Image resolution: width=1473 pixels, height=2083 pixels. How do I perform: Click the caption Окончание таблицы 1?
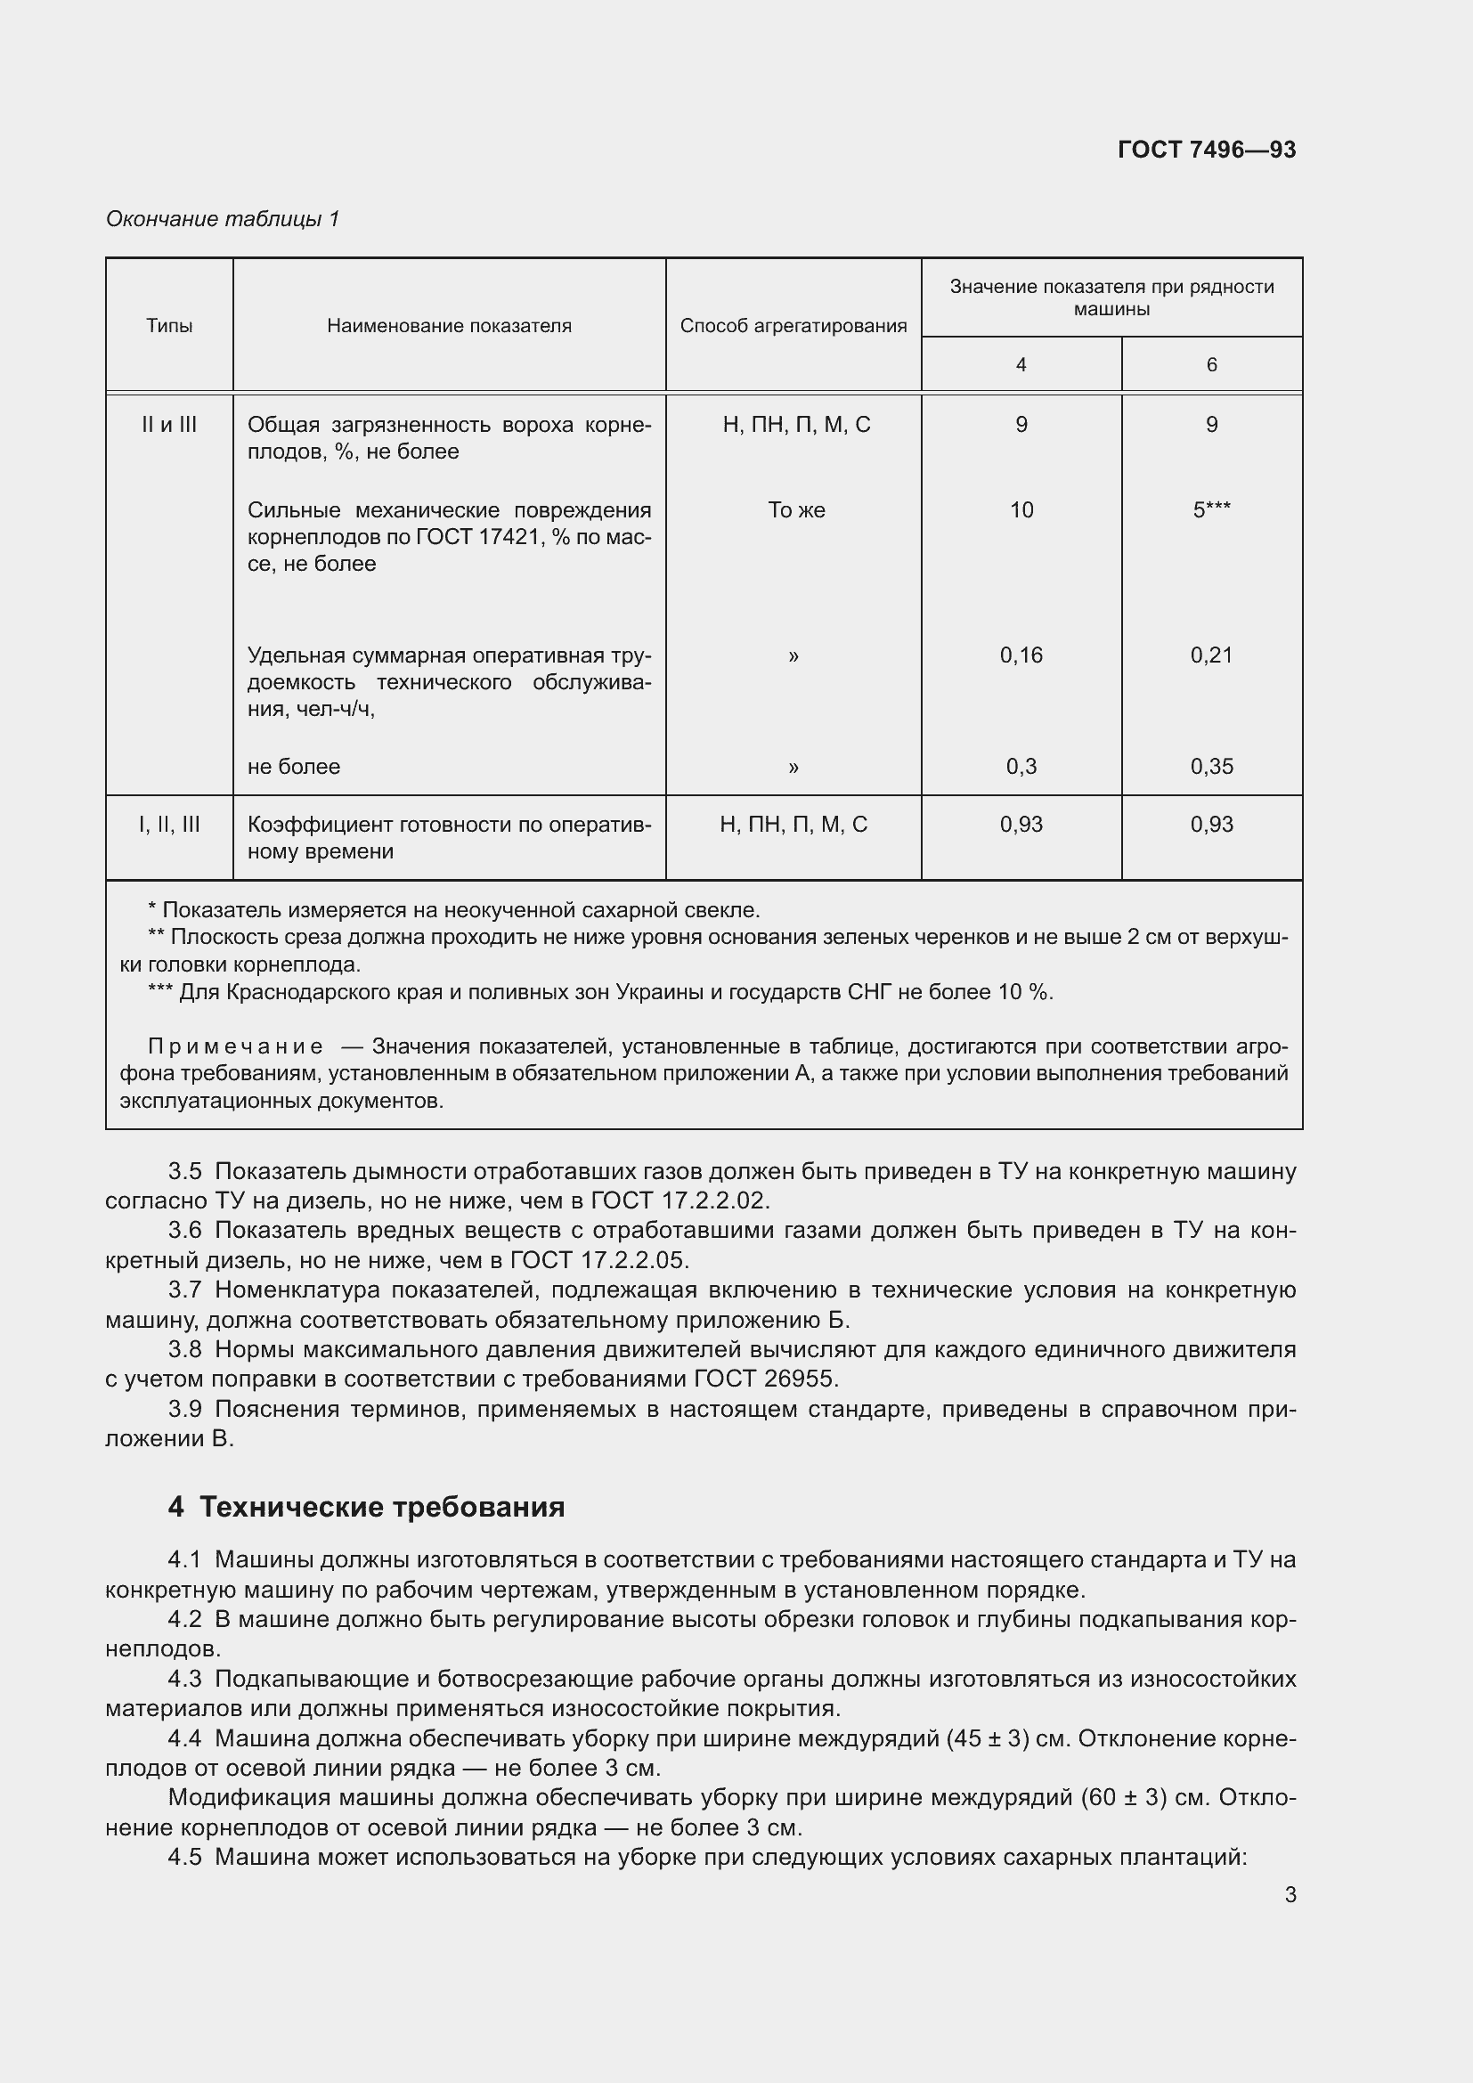(223, 219)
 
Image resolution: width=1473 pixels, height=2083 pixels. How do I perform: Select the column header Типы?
(169, 326)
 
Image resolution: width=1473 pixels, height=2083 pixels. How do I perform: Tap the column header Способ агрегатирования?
(793, 326)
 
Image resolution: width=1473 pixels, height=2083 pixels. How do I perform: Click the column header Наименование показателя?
(449, 326)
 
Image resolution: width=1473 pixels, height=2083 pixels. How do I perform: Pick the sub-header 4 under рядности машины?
(1021, 365)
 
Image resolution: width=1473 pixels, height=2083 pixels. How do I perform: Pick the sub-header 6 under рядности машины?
(1211, 365)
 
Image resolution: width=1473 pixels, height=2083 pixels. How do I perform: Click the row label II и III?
(169, 425)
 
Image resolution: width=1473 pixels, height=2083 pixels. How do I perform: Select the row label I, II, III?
(169, 825)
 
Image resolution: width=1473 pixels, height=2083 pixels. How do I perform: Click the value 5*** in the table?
(1211, 511)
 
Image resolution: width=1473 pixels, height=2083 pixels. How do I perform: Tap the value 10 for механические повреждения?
(1021, 511)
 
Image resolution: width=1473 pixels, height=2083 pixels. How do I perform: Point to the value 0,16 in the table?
(1021, 655)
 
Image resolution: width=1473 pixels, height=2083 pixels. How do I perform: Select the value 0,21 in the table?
(1211, 655)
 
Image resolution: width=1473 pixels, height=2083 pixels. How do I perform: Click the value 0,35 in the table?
(1211, 767)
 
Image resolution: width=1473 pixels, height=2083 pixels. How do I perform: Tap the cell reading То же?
(795, 511)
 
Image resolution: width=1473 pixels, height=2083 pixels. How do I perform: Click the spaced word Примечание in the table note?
(235, 1047)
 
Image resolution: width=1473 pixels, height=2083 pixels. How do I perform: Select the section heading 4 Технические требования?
(365, 1507)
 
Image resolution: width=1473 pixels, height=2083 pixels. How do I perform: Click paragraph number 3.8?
(185, 1349)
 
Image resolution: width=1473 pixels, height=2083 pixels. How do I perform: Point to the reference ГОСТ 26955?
(764, 1379)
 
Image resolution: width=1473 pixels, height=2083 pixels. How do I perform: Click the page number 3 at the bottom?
(1290, 1894)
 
